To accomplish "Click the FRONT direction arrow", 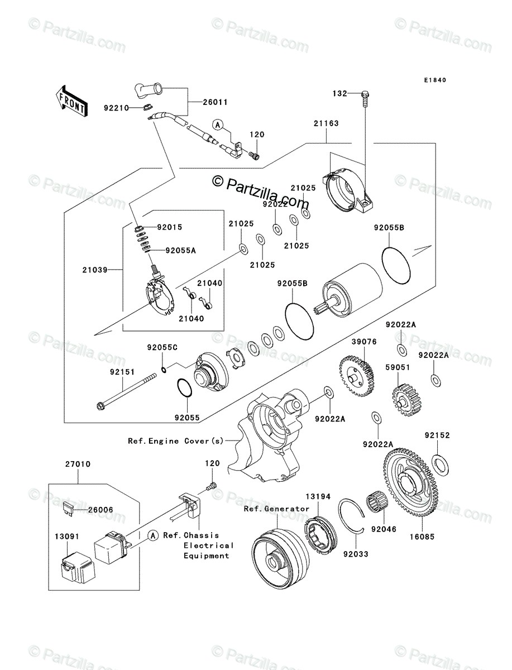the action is click(71, 101).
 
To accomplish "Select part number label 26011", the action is click(216, 102).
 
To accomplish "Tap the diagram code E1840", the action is click(435, 80).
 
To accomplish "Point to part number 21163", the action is click(326, 123).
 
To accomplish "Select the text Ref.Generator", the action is click(276, 509).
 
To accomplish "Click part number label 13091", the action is click(67, 537).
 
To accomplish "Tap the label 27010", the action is click(78, 464).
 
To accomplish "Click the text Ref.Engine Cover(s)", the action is click(176, 441).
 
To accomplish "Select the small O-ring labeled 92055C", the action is click(164, 370).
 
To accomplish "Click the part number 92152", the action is click(437, 435).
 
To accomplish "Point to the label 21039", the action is click(95, 270).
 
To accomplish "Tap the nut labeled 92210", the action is click(147, 107).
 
